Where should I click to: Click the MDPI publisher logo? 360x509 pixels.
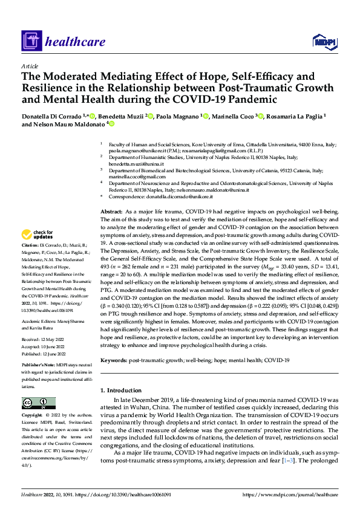click(x=324, y=41)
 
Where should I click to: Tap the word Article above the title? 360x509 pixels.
click(x=30, y=66)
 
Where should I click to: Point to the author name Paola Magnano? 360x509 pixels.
click(x=178, y=116)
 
